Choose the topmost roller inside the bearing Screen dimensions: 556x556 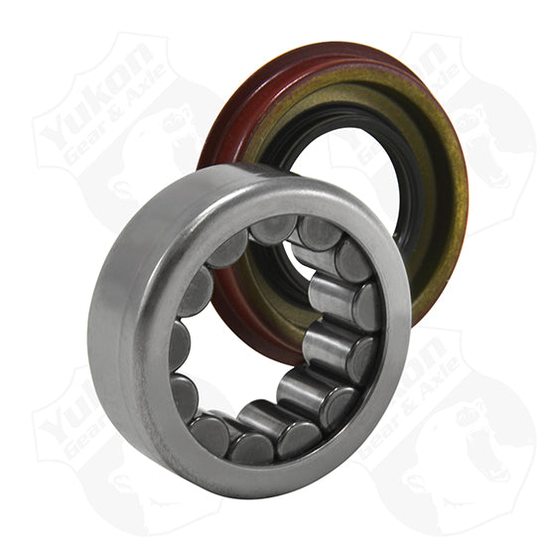pyautogui.click(x=273, y=230)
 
